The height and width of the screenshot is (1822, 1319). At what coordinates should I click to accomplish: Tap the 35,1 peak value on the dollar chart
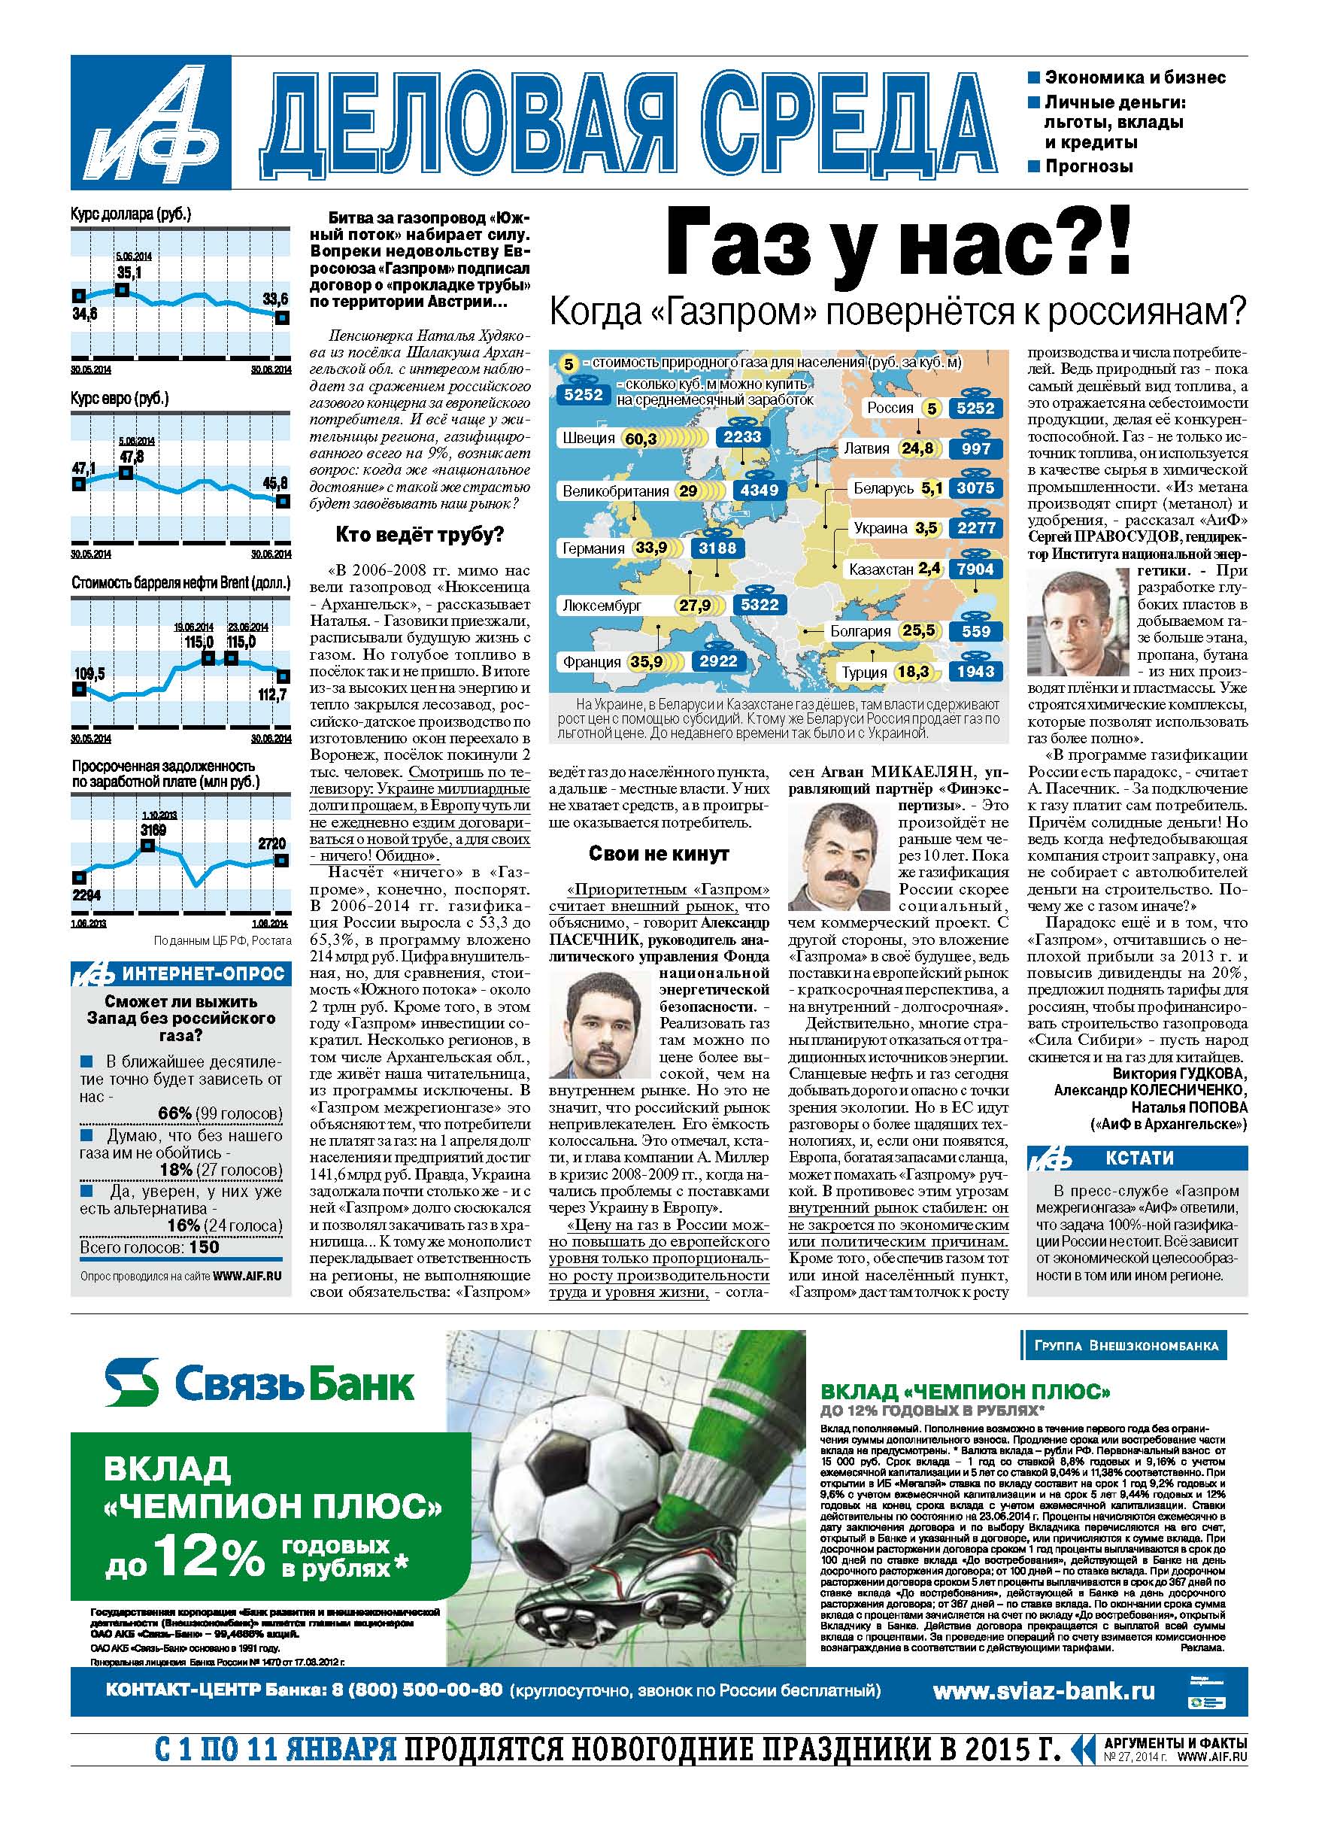(129, 273)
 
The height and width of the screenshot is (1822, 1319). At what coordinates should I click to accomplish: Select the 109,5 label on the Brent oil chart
(89, 672)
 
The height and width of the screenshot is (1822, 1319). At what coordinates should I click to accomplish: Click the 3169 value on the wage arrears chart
(153, 829)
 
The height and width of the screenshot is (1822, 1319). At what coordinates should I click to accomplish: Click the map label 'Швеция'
(588, 438)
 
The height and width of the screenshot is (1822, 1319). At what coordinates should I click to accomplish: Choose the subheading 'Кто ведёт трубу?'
(420, 535)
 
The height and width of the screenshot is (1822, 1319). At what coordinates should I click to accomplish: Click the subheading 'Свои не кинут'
(659, 853)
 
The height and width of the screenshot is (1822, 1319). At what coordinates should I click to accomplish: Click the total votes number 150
(205, 1247)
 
